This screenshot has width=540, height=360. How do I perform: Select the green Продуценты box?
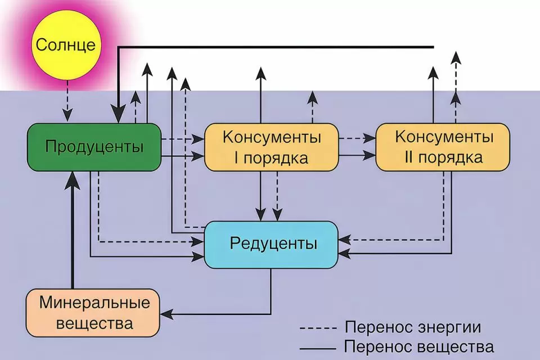[x=94, y=147]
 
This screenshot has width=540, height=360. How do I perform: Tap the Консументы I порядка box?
[x=272, y=147]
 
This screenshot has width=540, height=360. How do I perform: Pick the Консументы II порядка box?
[x=443, y=147]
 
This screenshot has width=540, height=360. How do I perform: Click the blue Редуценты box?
[x=271, y=244]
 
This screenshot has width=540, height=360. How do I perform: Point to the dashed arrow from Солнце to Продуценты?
[x=67, y=101]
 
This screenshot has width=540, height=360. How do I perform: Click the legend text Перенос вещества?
[x=420, y=346]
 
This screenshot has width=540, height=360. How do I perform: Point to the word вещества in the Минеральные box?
[x=94, y=324]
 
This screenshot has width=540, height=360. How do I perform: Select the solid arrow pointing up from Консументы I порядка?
[x=260, y=96]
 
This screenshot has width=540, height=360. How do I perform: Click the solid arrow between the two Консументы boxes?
[x=357, y=154]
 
